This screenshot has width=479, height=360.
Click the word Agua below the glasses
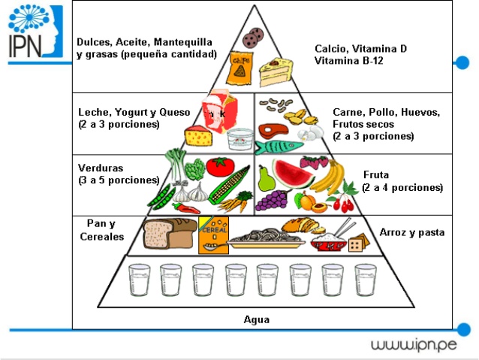pos(257,319)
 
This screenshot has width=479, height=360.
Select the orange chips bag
pos(241,66)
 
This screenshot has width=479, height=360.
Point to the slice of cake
pos(275,74)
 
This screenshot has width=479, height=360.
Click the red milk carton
pos(218,113)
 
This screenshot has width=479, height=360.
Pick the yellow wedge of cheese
pos(199,137)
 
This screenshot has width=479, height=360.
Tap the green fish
pos(279,143)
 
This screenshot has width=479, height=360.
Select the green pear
pos(265,179)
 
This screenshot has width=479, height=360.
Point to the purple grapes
pos(273,200)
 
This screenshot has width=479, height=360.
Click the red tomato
pos(219,166)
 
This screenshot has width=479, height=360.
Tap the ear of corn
pos(230,186)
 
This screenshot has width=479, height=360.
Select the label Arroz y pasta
pos(412,233)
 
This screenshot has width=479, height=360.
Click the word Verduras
pos(101,168)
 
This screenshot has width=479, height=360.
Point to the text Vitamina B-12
pos(349,60)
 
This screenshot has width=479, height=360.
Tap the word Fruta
pos(375,174)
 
